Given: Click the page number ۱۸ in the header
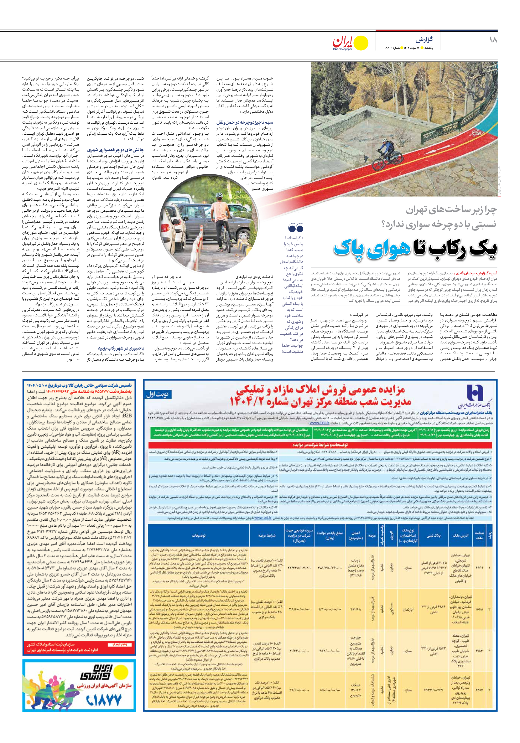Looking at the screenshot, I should [x=493, y=40].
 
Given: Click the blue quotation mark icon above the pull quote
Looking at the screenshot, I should [x=295, y=228].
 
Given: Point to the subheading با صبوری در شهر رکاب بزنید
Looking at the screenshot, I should [x=121, y=348].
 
